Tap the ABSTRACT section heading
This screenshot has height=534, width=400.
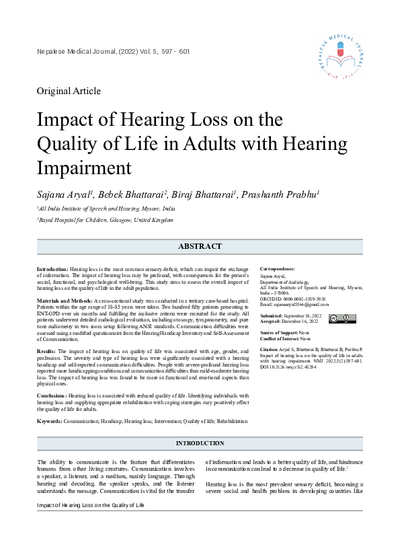[200, 247]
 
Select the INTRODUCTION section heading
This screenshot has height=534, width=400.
[200, 443]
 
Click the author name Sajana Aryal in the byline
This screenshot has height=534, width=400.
[66, 194]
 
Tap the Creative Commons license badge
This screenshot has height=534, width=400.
[342, 318]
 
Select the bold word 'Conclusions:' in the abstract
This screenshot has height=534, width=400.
[52, 397]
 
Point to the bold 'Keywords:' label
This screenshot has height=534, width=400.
[49, 421]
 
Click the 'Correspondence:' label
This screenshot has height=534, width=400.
[279, 268]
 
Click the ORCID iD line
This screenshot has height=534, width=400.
[292, 299]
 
